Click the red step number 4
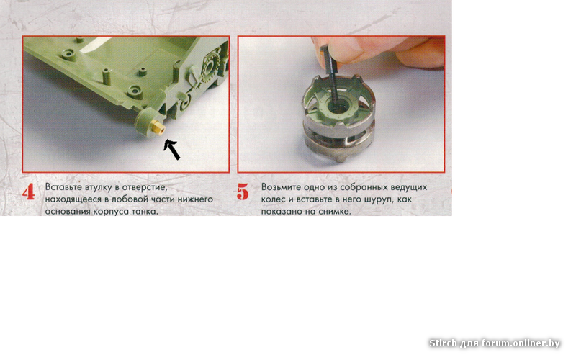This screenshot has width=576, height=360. click(28, 192)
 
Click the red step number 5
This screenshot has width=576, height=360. click(243, 192)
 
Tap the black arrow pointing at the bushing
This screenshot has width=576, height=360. click(171, 149)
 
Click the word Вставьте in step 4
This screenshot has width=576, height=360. click(63, 187)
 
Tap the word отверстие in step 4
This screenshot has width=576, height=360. click(145, 188)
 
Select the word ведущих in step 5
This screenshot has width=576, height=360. click(409, 187)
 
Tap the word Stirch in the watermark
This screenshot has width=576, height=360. click(443, 343)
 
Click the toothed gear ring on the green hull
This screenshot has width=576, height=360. click(210, 68)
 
